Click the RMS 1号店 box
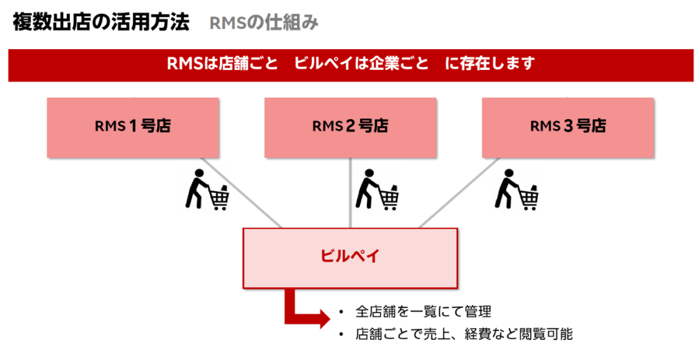click(133, 127)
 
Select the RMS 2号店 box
click(350, 127)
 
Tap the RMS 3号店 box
click(568, 127)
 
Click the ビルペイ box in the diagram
click(350, 257)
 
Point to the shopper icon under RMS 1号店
click(206, 190)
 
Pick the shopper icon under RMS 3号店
click(517, 190)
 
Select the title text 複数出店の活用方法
click(101, 23)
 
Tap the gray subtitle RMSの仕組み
click(264, 23)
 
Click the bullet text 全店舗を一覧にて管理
click(423, 311)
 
